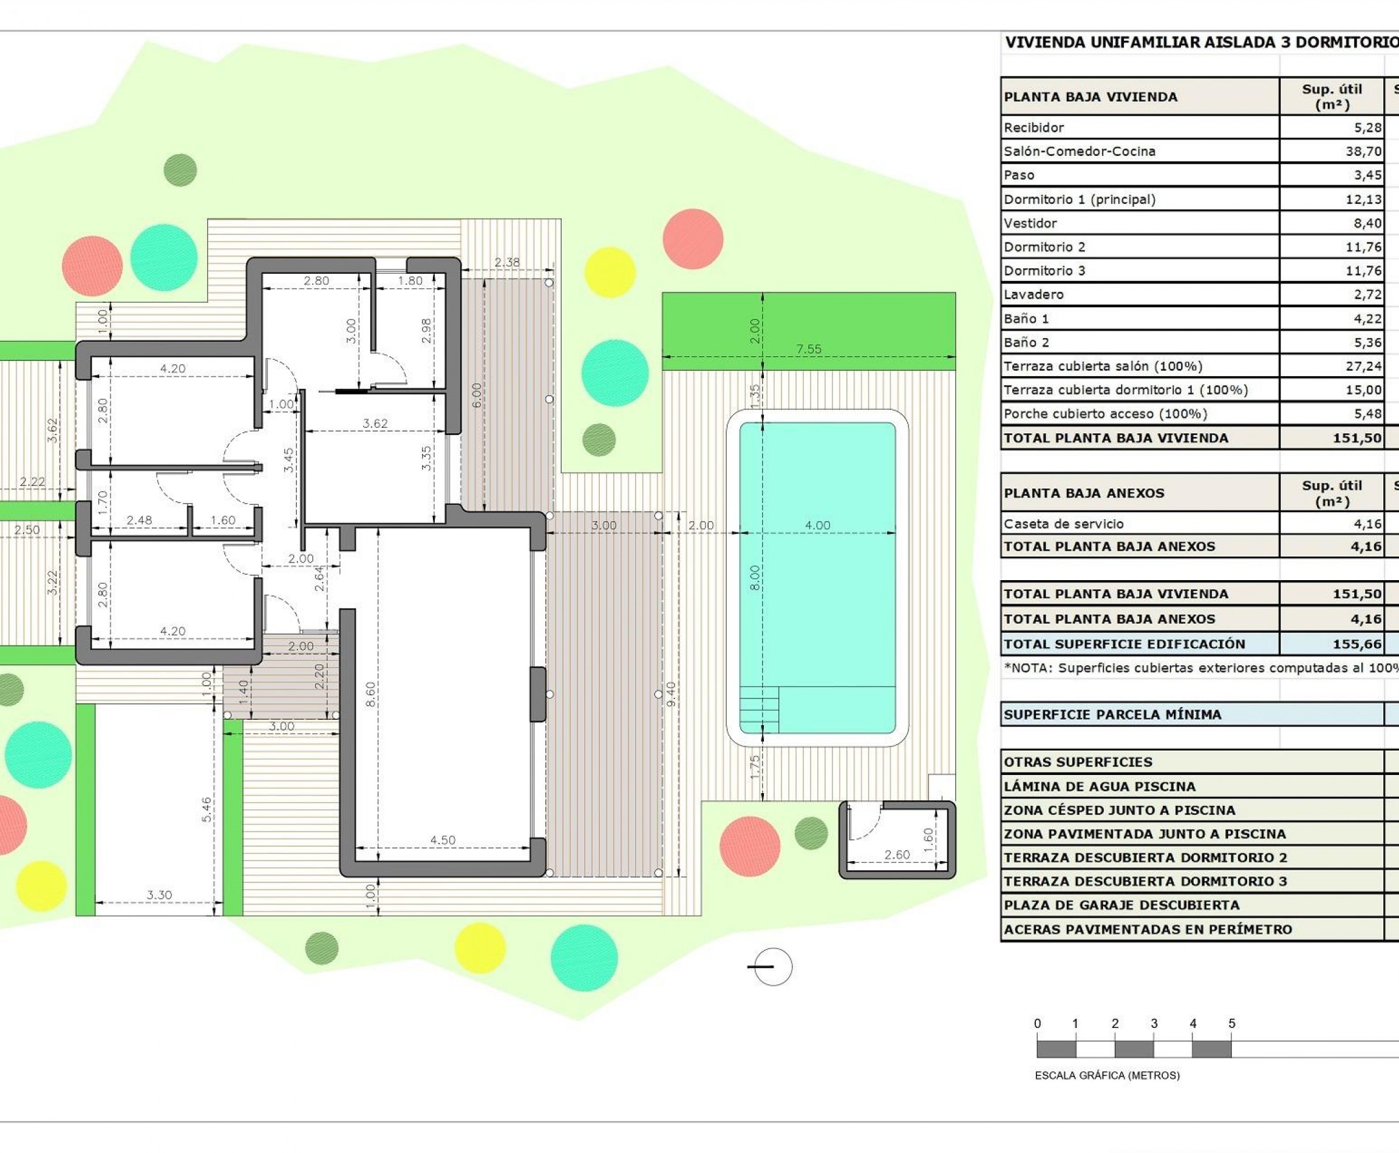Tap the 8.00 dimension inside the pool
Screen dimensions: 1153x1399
(x=754, y=578)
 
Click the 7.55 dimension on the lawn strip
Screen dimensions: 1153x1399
(x=809, y=349)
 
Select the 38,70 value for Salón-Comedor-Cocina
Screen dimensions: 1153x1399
(x=1363, y=152)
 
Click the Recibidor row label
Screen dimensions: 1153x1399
(x=1033, y=127)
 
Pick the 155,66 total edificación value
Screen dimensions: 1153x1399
(x=1356, y=644)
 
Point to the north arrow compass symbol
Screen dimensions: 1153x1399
(x=771, y=966)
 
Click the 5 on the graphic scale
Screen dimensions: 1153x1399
(x=1231, y=1024)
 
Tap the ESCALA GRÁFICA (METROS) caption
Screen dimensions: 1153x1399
(x=1107, y=1075)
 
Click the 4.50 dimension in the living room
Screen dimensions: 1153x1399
(x=443, y=840)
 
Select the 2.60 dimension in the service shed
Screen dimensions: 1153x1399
(x=897, y=855)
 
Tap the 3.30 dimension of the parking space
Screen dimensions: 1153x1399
(x=160, y=894)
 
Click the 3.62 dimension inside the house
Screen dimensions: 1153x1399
(x=375, y=423)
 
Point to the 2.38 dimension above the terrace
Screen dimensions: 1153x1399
(x=507, y=262)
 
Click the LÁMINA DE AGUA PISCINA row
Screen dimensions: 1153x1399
(x=1099, y=786)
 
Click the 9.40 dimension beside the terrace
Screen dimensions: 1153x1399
(x=670, y=694)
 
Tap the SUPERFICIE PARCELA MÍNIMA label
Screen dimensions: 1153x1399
(x=1112, y=715)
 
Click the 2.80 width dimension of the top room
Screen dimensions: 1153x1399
(x=316, y=280)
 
